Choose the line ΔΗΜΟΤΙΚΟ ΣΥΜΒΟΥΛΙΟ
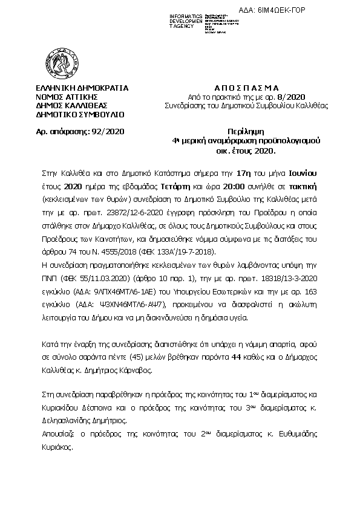pyautogui.click(x=80, y=113)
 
